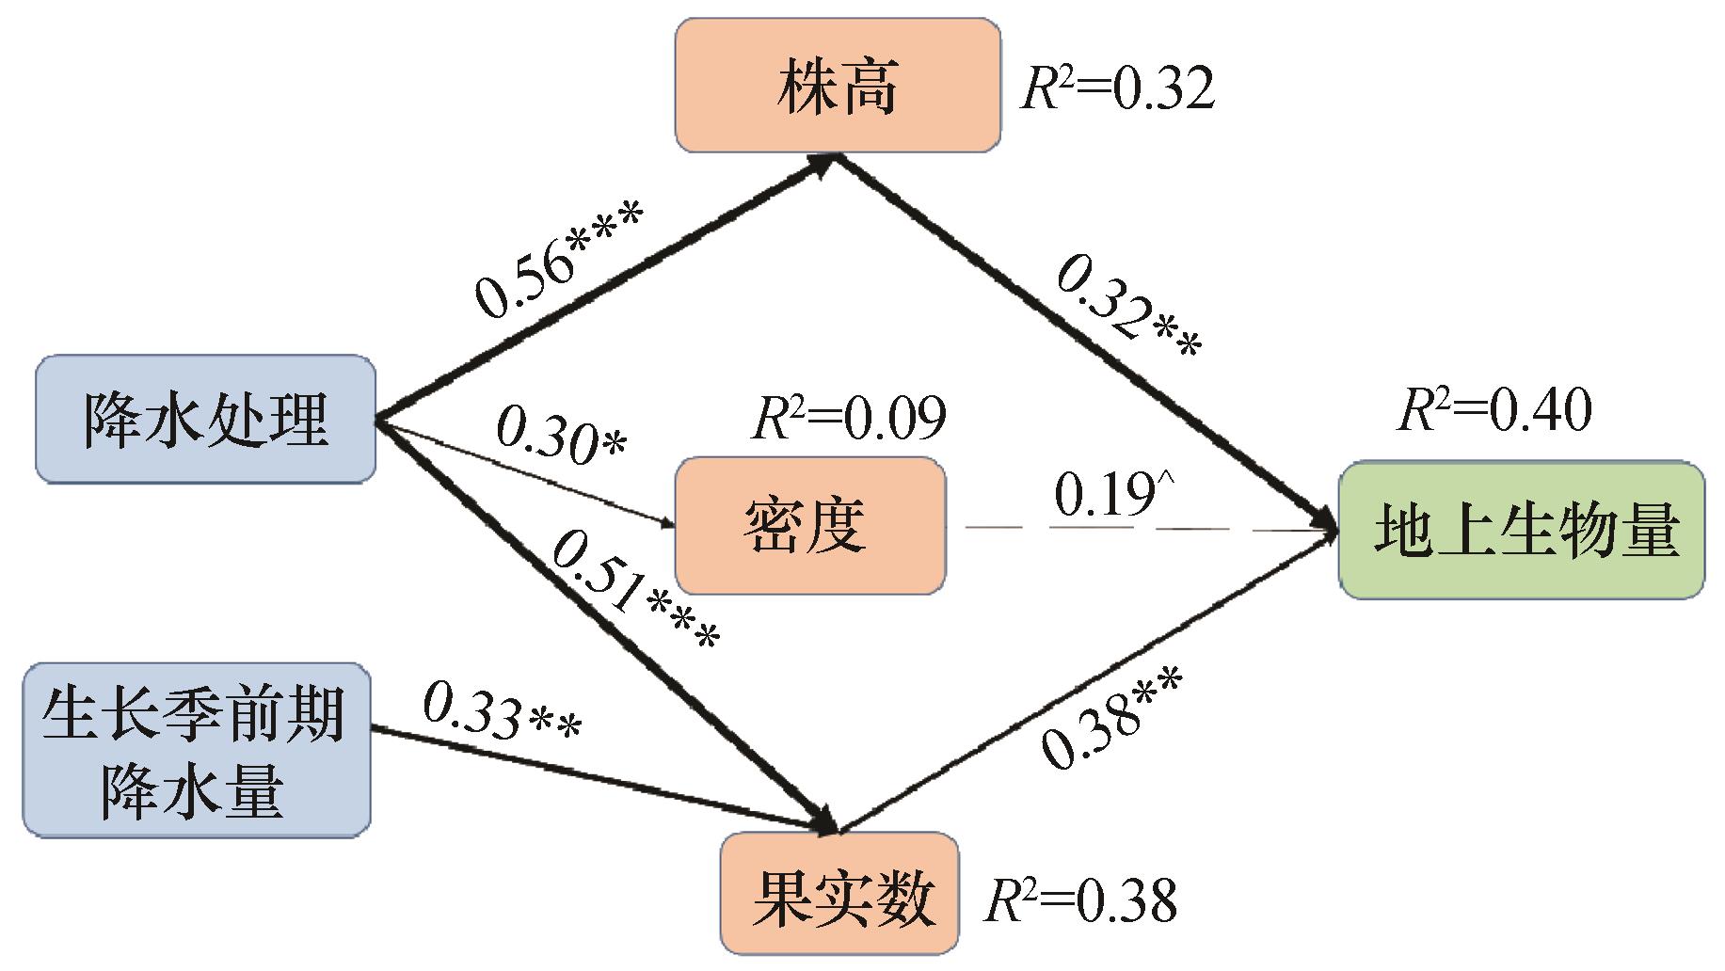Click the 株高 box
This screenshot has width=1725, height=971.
click(x=838, y=85)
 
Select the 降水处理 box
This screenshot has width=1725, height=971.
click(x=205, y=419)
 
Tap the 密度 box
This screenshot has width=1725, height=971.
click(x=810, y=525)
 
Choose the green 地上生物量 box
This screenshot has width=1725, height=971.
click(x=1522, y=530)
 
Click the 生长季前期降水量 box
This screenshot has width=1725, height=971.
click(x=197, y=750)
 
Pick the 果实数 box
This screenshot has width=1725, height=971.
click(x=839, y=893)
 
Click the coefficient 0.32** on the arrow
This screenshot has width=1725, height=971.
click(x=1128, y=308)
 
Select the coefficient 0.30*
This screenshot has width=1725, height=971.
click(x=561, y=435)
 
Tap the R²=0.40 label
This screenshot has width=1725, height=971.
click(x=1494, y=410)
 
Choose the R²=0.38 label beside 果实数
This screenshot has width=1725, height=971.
click(x=1079, y=899)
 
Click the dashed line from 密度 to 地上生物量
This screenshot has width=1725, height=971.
click(x=1150, y=529)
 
